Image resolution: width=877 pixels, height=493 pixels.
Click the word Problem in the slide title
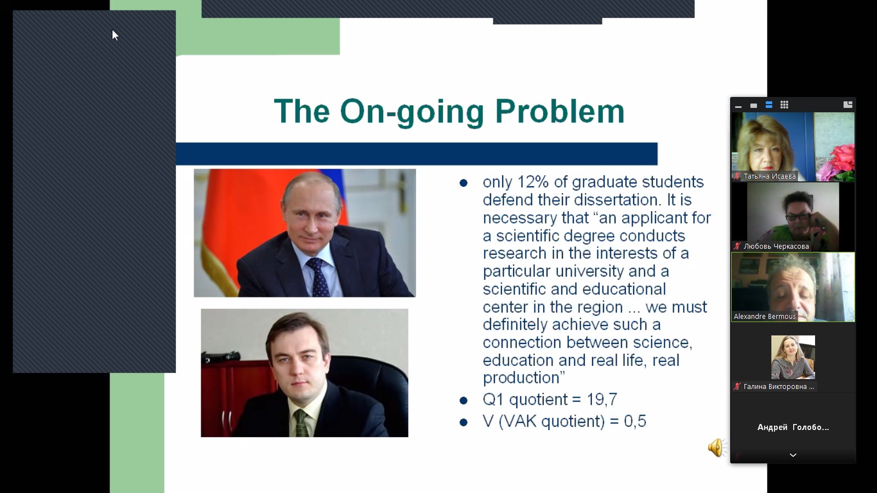tap(560, 112)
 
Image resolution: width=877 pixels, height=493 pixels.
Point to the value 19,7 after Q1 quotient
tap(602, 399)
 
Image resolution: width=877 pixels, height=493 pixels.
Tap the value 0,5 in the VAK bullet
tap(635, 421)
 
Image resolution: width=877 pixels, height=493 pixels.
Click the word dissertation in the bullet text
tap(614, 200)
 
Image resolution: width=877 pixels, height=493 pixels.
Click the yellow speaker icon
tap(716, 448)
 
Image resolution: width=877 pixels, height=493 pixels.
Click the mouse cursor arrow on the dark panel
tap(115, 35)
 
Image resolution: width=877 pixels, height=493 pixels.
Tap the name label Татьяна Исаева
tap(770, 176)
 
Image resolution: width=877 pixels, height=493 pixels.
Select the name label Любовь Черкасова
tap(776, 246)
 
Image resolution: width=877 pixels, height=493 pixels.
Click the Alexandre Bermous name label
tap(765, 317)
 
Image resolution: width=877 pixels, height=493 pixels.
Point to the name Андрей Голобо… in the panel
tap(793, 427)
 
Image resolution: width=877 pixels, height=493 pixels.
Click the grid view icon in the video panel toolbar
tap(784, 105)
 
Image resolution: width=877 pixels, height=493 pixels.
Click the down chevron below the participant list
tap(793, 455)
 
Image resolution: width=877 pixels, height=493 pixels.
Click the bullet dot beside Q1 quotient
tap(464, 400)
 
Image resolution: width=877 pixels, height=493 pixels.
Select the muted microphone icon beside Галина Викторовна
tap(737, 387)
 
